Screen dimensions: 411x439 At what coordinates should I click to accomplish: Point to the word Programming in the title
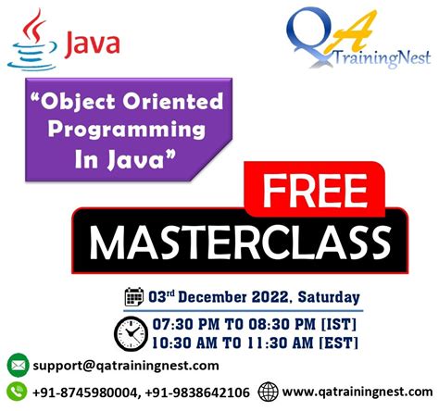[137, 131]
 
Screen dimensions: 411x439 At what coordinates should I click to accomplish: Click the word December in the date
[215, 298]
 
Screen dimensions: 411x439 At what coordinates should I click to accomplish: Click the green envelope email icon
[17, 364]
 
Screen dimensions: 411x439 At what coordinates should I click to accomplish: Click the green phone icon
[17, 390]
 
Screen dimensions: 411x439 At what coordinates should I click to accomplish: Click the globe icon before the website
[269, 390]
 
